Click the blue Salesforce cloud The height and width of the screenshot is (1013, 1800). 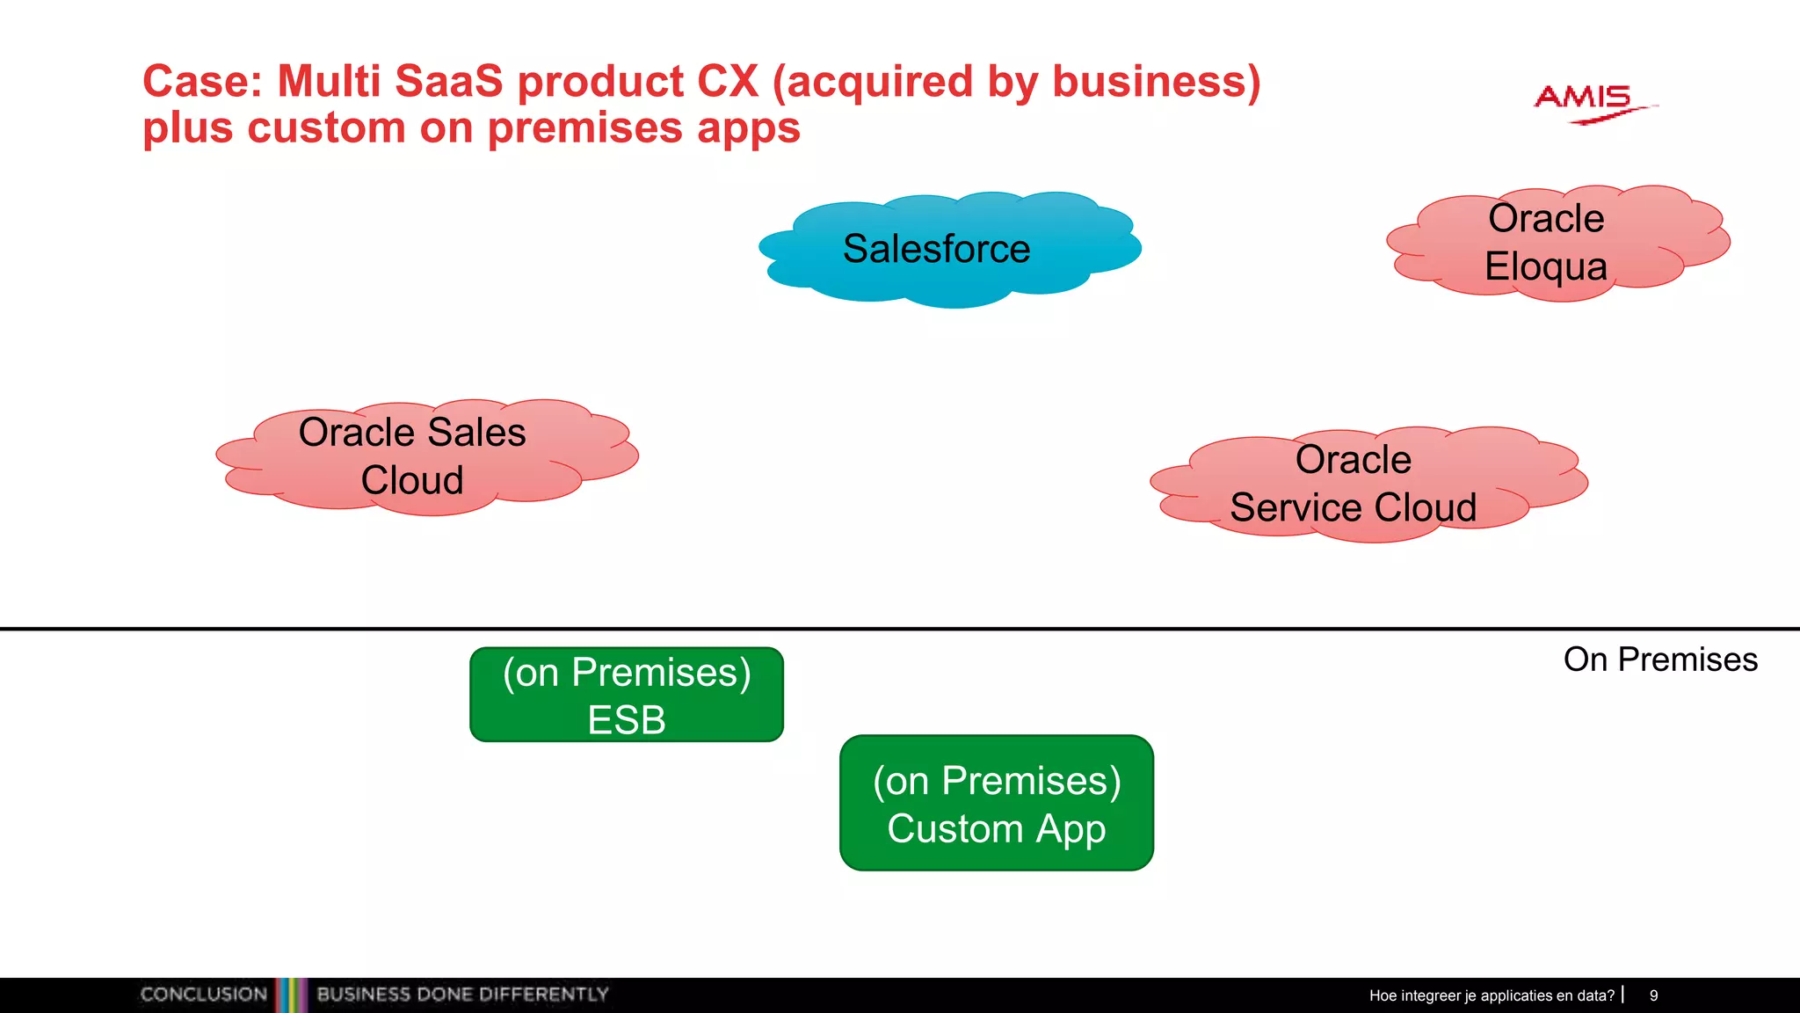(x=949, y=249)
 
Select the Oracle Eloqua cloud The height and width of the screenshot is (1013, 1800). (x=1556, y=243)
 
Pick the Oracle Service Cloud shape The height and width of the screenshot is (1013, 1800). (x=1367, y=484)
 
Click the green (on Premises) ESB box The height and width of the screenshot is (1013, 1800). (x=627, y=695)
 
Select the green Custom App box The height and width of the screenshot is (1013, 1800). (x=996, y=803)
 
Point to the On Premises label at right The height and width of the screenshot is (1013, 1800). (x=1659, y=660)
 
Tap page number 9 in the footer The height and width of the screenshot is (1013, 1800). (x=1653, y=995)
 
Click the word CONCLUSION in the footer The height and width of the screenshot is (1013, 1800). (x=204, y=995)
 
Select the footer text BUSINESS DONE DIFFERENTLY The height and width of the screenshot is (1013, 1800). (x=462, y=995)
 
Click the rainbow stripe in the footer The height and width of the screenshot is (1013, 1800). (x=291, y=995)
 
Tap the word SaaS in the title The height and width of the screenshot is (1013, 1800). (x=449, y=81)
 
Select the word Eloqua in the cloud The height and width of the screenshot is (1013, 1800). (x=1545, y=266)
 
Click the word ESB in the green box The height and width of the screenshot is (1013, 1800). (x=627, y=720)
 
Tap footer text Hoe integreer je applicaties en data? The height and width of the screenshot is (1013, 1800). (x=1492, y=995)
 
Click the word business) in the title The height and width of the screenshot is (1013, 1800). (x=1157, y=81)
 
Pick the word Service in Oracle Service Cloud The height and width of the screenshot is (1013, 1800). (x=1296, y=507)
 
